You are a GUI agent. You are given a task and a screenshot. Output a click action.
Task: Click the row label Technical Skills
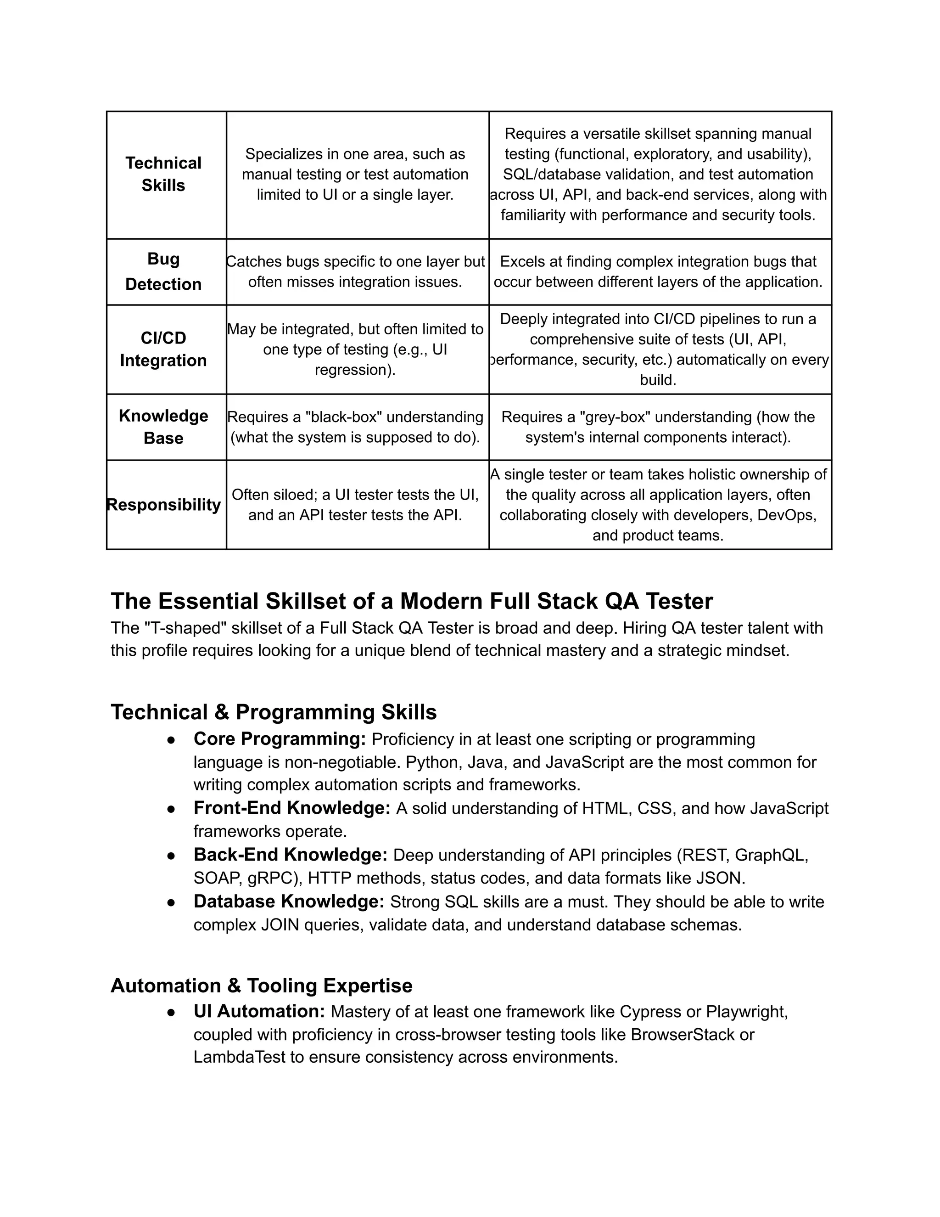163,174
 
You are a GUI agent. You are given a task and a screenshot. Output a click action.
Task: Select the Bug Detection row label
163,271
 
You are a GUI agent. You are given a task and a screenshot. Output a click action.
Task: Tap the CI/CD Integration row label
163,349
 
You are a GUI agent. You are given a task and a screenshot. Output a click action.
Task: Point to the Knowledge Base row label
163,427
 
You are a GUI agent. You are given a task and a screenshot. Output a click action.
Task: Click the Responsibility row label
163,504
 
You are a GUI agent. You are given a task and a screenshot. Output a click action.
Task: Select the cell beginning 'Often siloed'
355,504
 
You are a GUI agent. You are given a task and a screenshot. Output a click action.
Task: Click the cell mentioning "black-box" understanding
355,427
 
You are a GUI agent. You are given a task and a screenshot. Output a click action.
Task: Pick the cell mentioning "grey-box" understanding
658,427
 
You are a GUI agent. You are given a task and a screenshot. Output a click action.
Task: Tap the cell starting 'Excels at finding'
658,271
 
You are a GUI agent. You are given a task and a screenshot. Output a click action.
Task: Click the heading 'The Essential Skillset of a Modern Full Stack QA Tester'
412,601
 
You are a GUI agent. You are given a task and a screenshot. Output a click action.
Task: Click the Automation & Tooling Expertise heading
261,985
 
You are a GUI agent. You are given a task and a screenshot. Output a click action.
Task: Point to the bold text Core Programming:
280,739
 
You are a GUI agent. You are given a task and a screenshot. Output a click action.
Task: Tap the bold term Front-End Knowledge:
292,808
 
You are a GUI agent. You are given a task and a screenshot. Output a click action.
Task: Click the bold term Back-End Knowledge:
290,855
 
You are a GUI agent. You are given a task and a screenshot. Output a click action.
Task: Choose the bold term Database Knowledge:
289,901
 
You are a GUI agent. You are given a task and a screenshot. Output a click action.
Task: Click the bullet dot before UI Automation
172,1012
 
